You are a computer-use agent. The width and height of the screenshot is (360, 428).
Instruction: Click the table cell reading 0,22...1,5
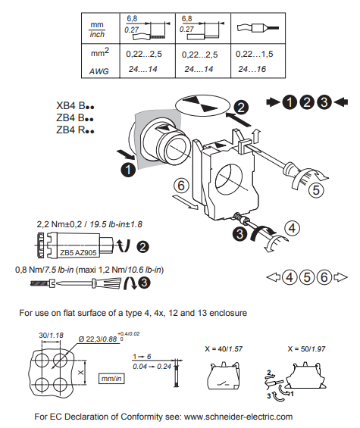pyautogui.click(x=255, y=54)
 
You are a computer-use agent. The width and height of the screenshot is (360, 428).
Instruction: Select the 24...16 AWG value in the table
pyautogui.click(x=252, y=69)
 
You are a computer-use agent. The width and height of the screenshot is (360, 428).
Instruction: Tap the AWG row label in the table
pyautogui.click(x=99, y=71)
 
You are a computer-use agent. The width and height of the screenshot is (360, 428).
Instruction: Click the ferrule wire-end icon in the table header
pyautogui.click(x=258, y=28)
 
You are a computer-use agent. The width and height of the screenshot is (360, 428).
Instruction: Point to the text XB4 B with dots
pyautogui.click(x=75, y=105)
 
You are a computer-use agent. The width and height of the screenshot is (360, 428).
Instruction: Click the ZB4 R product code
pyautogui.click(x=75, y=130)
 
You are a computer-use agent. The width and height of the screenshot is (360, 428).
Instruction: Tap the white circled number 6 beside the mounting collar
pyautogui.click(x=181, y=186)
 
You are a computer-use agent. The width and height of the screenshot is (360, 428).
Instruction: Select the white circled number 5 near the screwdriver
pyautogui.click(x=316, y=190)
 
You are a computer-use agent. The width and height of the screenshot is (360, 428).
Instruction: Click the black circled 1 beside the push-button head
pyautogui.click(x=128, y=170)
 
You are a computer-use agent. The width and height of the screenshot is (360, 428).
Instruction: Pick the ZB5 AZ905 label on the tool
pyautogui.click(x=78, y=253)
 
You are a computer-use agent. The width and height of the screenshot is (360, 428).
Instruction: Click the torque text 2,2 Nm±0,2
pyautogui.click(x=59, y=224)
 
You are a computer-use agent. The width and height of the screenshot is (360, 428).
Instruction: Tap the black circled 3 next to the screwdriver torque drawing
pyautogui.click(x=144, y=283)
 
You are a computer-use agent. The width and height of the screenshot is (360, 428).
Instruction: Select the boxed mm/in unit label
pyautogui.click(x=111, y=379)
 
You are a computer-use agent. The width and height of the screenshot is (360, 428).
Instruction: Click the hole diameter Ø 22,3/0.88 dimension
pyautogui.click(x=98, y=339)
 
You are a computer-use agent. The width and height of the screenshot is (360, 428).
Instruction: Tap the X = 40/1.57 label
pyautogui.click(x=224, y=349)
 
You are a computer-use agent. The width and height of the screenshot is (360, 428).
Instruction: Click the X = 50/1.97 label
pyautogui.click(x=306, y=349)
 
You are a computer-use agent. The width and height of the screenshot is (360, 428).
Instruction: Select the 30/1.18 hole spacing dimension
pyautogui.click(x=51, y=335)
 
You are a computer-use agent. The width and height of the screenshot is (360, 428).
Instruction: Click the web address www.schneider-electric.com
pyautogui.click(x=238, y=417)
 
